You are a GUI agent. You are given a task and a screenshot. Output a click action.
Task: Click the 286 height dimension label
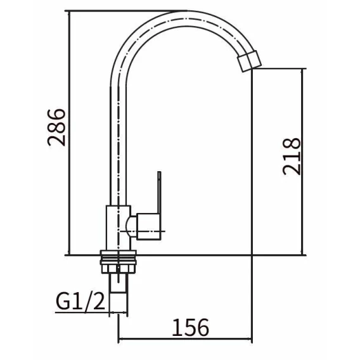[56, 127]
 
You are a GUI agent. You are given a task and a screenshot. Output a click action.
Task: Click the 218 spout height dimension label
[292, 157]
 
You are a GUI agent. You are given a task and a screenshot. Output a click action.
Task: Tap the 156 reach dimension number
[191, 328]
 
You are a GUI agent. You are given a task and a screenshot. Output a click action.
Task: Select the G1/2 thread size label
[80, 302]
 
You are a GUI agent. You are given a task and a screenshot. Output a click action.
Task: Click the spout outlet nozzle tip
[249, 61]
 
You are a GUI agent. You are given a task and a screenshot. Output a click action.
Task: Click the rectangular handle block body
[148, 227]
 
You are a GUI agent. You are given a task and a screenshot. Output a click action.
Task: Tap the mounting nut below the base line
[119, 262]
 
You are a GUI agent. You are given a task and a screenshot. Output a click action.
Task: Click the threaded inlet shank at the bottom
[119, 283]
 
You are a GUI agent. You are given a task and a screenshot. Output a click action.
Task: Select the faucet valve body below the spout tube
[119, 228]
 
